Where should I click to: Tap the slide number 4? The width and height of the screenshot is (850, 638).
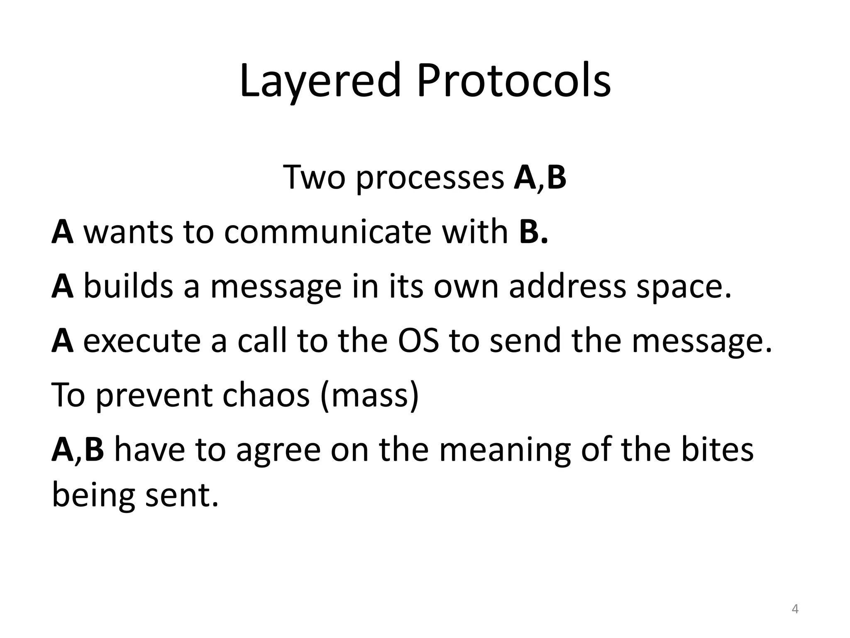[795, 609]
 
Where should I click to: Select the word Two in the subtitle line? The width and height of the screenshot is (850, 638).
[314, 177]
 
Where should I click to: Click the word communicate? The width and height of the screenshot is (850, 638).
[327, 231]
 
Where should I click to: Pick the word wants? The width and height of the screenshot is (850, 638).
[128, 232]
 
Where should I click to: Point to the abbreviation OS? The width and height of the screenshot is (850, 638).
[418, 340]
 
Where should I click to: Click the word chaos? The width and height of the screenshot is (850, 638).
[266, 395]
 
